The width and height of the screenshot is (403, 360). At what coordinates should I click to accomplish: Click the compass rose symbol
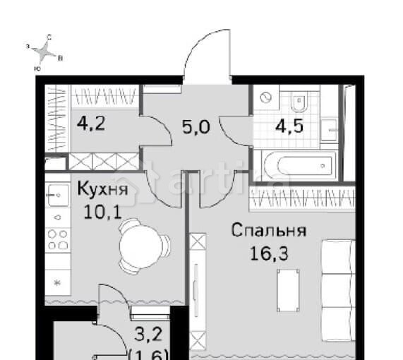pyautogui.click(x=47, y=51)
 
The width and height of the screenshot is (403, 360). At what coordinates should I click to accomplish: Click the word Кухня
pyautogui.click(x=101, y=191)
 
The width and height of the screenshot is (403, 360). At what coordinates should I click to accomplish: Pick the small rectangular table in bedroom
pyautogui.click(x=287, y=290)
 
